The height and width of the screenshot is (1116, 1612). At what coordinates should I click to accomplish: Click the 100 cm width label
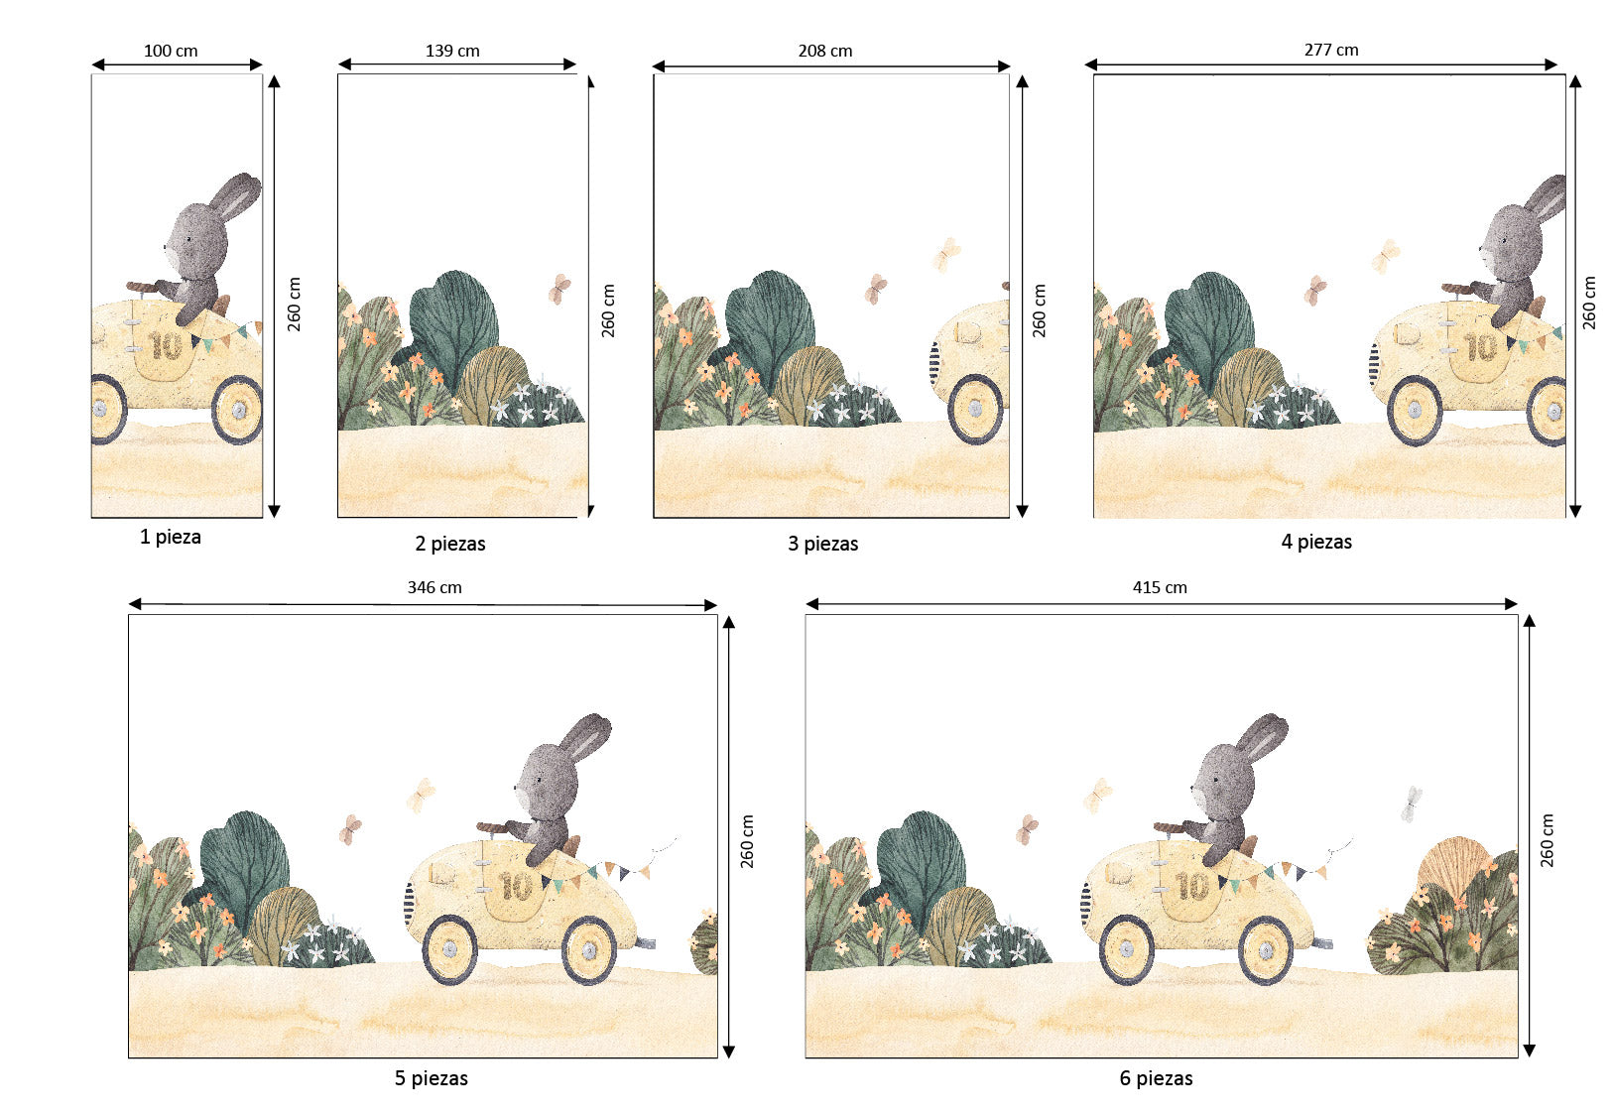171,51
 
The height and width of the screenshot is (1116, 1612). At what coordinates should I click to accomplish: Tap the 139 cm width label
452,51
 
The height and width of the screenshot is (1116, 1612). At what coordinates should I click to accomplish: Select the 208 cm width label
824,51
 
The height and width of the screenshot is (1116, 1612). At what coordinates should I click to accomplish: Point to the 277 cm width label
1330,50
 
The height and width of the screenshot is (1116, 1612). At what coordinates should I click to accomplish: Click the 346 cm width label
434,587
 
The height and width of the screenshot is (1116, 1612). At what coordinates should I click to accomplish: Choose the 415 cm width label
1160,587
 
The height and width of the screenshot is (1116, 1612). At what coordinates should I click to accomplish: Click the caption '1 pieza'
171,537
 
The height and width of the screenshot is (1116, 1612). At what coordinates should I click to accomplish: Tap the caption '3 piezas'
822,544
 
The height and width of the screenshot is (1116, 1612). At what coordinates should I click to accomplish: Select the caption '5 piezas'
431,1078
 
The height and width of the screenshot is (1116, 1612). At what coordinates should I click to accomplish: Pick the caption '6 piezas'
1156,1078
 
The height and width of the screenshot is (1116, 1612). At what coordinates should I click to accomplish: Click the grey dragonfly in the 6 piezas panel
1412,804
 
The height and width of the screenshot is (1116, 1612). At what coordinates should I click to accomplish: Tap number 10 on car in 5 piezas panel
516,886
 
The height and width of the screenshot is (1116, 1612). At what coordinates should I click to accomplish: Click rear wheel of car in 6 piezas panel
1126,949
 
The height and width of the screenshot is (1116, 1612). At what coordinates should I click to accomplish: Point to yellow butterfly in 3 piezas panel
947,254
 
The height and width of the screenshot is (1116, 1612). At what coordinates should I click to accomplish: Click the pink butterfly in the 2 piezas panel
560,289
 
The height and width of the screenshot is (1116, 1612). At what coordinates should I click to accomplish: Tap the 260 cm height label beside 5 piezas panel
747,841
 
